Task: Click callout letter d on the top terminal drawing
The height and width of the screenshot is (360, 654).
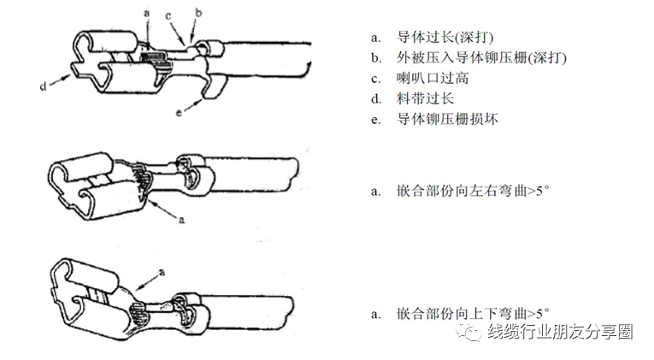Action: tap(42, 86)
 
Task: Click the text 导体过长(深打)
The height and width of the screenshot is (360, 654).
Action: tap(445, 38)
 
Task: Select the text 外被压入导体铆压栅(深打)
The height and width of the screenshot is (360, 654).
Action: tap(481, 58)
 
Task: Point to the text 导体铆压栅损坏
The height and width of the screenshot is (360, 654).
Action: tap(447, 120)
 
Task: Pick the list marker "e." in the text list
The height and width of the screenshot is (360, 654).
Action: tap(376, 120)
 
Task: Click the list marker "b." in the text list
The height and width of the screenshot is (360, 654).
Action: tap(376, 58)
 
